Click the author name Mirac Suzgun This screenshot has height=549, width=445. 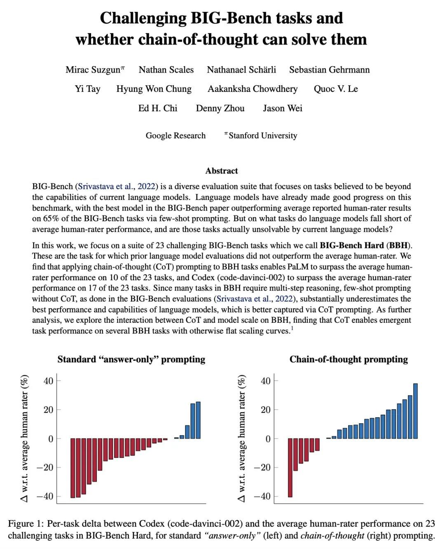[x=93, y=70]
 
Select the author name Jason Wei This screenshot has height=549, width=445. [x=283, y=108]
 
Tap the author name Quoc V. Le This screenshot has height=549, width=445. [x=335, y=89]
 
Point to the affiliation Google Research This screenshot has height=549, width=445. [x=176, y=136]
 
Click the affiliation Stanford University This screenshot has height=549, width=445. [x=262, y=136]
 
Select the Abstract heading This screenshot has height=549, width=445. [x=222, y=171]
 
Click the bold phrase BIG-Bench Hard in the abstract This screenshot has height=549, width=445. [x=351, y=246]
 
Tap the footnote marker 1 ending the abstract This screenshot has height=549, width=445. [x=292, y=328]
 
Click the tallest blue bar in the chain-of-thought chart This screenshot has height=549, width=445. [x=415, y=411]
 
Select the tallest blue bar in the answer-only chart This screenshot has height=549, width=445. [x=198, y=420]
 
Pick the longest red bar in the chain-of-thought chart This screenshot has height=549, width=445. [x=290, y=467]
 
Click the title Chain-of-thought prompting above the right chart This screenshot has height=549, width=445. [x=349, y=359]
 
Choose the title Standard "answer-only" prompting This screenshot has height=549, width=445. [x=131, y=359]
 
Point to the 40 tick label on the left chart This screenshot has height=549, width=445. [x=49, y=381]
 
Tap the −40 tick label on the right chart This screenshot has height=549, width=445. [x=262, y=496]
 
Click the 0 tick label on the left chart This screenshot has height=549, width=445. [x=51, y=439]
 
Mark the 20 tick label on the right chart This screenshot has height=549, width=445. [x=266, y=410]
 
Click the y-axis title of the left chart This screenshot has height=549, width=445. [x=25, y=438]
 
